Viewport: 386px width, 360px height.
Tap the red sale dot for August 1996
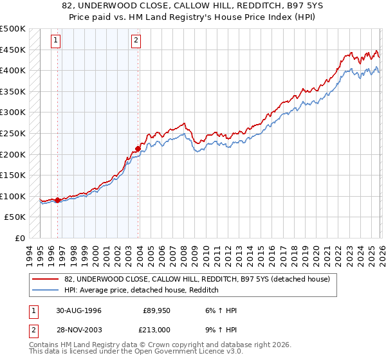pos(58,200)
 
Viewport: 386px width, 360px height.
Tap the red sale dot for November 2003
pos(138,149)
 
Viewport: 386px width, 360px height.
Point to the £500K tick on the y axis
pos(13,29)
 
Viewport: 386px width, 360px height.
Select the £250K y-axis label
pos(13,133)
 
